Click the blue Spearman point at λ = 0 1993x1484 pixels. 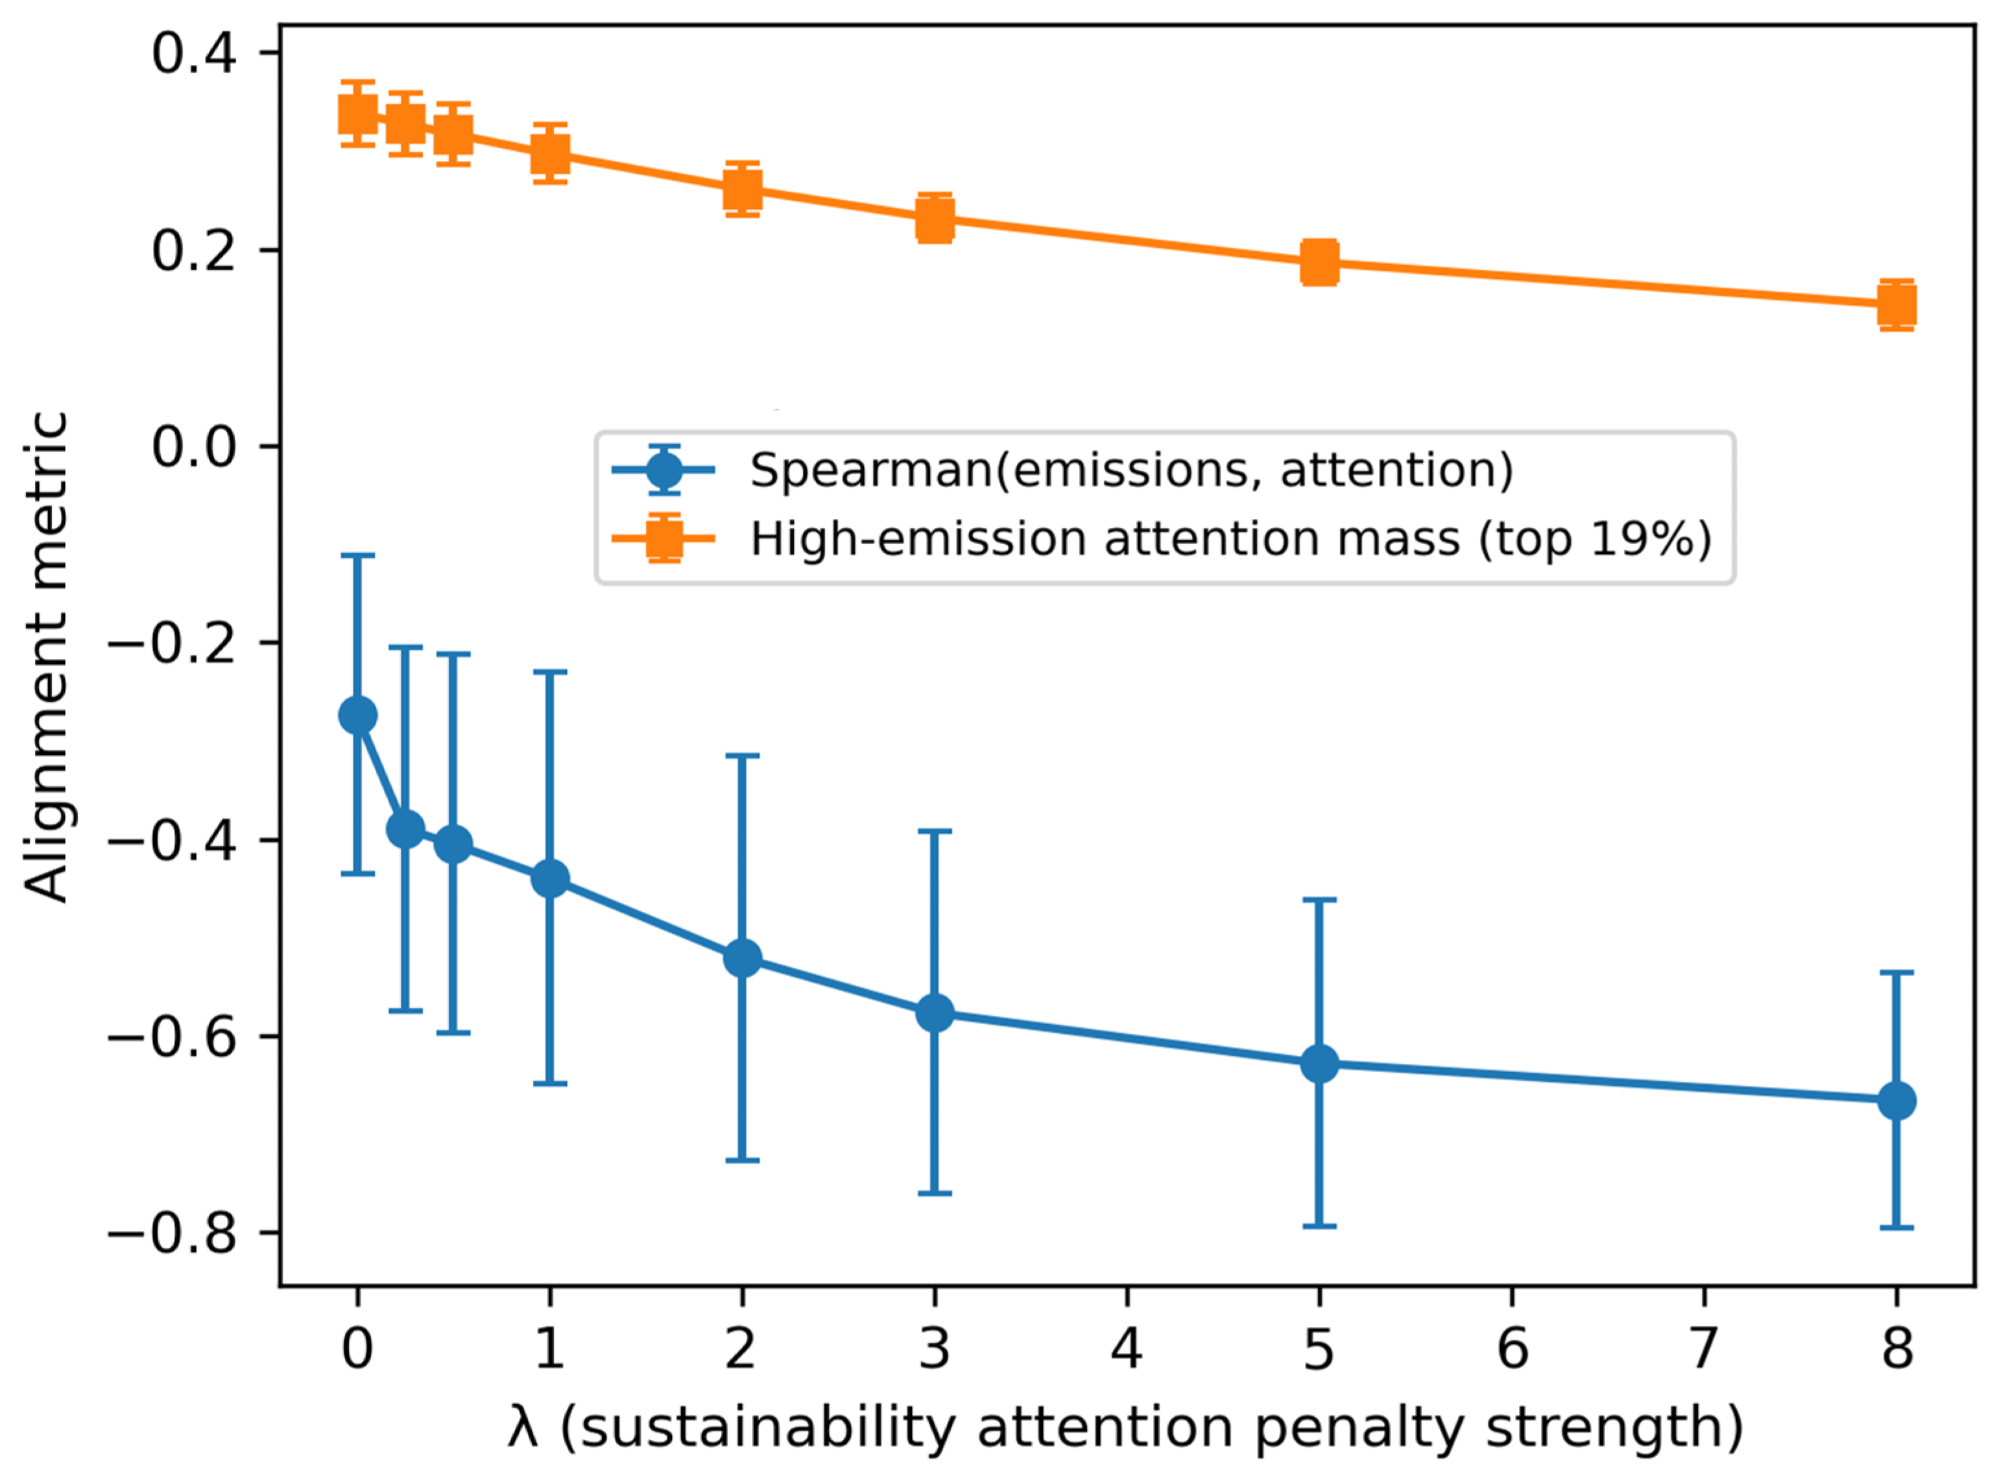tap(357, 715)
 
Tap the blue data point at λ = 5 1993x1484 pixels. tap(1319, 1064)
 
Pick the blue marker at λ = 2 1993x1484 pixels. tap(742, 959)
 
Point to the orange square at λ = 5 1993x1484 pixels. tap(1319, 262)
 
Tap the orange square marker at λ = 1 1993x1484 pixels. tap(550, 152)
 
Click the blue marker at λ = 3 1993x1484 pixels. tap(934, 1013)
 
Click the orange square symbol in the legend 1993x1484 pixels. tap(663, 538)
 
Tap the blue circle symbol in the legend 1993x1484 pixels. tap(663, 469)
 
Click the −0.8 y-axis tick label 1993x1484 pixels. tap(173, 1234)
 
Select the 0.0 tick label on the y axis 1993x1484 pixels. tap(193, 446)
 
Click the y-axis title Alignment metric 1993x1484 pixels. tap(45, 656)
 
